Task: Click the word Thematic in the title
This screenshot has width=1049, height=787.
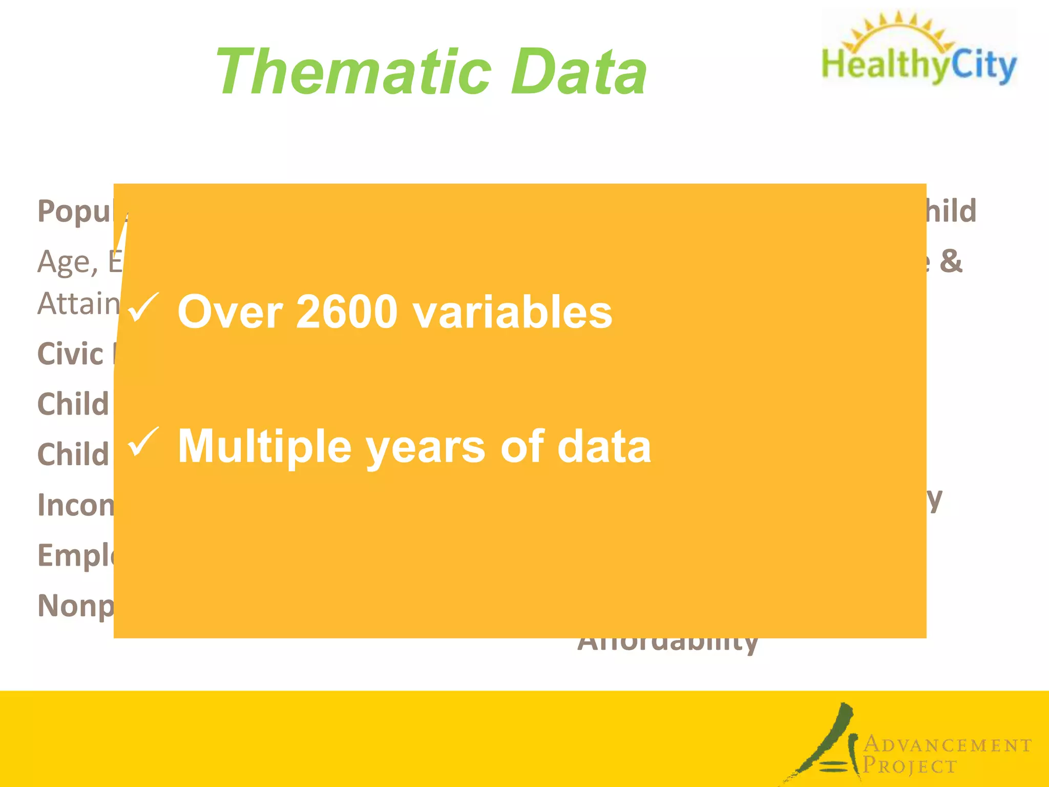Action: (353, 72)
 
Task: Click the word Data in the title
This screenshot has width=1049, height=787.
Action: (579, 72)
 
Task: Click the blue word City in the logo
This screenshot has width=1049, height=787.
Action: (983, 66)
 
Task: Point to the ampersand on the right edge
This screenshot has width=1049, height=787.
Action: (951, 261)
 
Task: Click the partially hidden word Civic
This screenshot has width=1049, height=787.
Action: (71, 354)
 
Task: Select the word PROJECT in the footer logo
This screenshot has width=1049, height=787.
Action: (910, 766)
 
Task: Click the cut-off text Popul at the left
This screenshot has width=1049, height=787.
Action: (75, 211)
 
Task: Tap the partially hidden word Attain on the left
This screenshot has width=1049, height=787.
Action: (78, 304)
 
